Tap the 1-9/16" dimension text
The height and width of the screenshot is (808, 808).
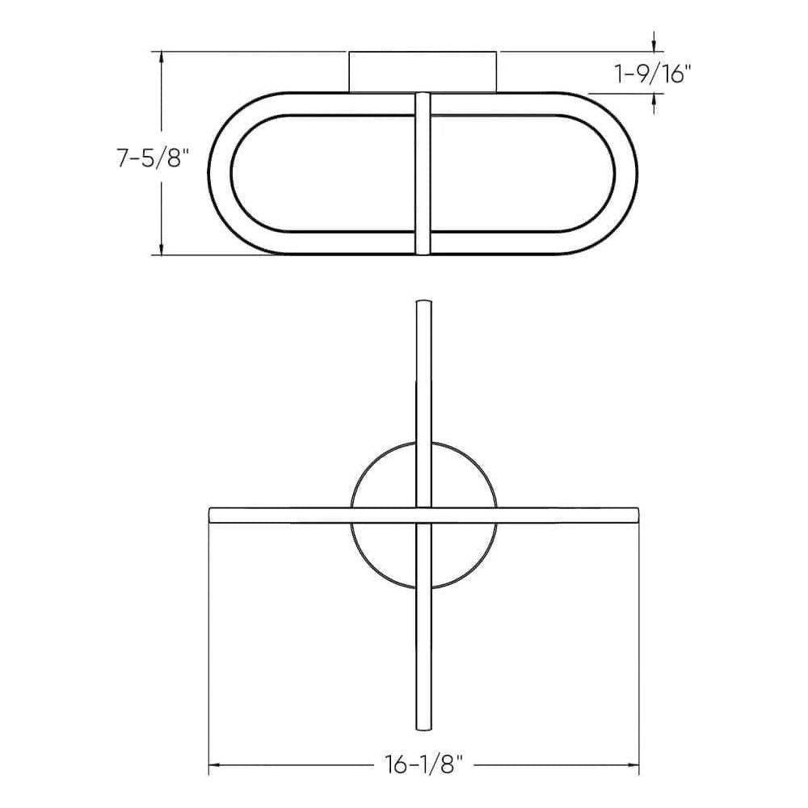pos(654,74)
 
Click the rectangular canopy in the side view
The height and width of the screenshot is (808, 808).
pos(423,72)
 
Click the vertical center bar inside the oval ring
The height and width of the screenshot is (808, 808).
pos(423,175)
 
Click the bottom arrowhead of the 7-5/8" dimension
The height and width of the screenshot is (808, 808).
pos(164,250)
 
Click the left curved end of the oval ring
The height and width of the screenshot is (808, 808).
pos(221,175)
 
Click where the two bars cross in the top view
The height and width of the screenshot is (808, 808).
pos(423,515)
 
